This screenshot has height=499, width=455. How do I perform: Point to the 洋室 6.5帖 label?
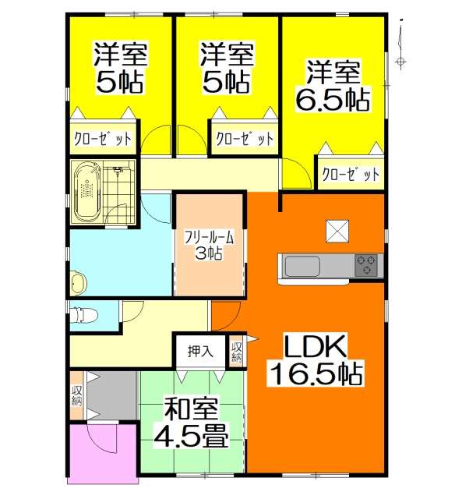(333, 85)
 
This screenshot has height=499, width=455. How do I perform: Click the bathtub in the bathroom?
(87, 192)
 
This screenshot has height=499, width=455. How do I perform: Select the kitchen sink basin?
(302, 267)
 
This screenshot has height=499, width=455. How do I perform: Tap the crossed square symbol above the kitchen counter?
(337, 231)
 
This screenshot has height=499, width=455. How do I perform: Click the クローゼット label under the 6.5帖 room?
(351, 175)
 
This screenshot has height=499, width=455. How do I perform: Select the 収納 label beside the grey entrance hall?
(76, 395)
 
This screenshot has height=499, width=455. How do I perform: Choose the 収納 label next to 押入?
(236, 352)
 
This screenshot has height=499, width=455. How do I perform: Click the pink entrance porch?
(104, 452)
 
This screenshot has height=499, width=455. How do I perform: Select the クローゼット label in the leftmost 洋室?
(103, 140)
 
